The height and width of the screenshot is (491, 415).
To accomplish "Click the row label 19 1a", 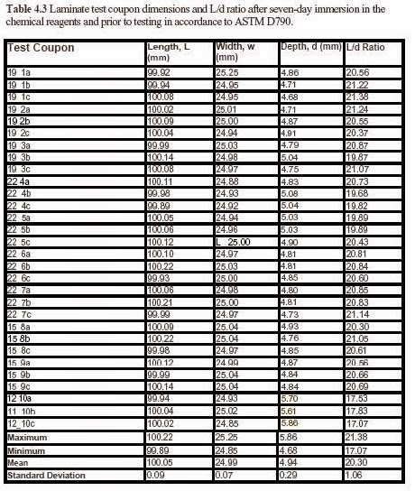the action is [20, 69].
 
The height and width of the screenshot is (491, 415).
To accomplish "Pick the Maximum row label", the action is [26, 436].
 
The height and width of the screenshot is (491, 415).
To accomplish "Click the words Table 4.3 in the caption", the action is [34, 8].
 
